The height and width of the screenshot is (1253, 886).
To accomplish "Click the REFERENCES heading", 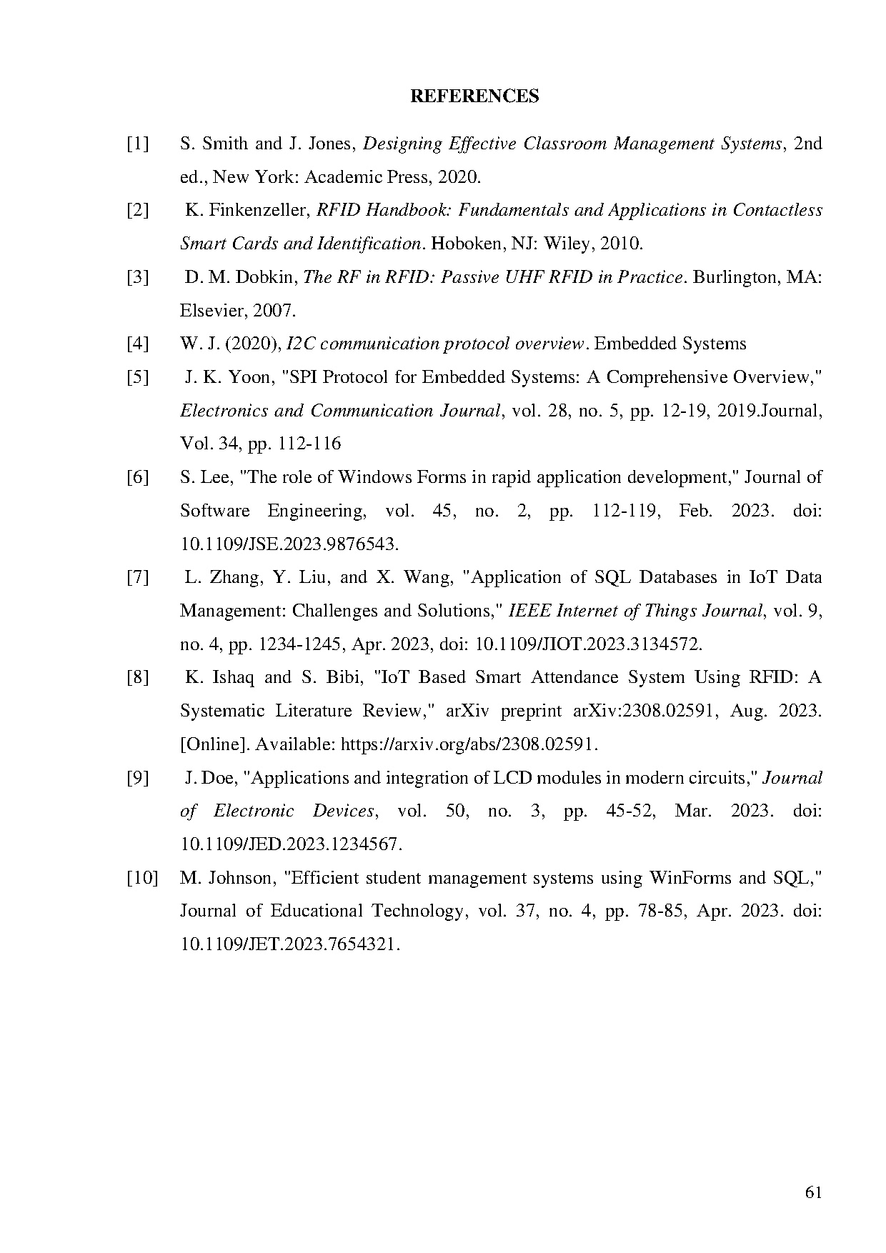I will (x=474, y=96).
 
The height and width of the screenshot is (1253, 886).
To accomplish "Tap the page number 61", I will (x=813, y=1192).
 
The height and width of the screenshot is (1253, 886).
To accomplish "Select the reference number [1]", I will (x=138, y=144).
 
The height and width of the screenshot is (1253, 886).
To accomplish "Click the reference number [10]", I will (x=141, y=878).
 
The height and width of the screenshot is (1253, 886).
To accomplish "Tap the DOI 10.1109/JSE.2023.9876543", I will (x=289, y=544).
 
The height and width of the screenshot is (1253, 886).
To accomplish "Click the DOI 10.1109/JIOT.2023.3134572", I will (x=588, y=644).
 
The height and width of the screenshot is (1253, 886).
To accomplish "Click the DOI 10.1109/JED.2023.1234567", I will (x=291, y=844).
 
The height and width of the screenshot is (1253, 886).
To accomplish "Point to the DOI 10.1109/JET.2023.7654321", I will (x=289, y=944).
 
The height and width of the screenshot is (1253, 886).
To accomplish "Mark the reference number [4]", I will (x=138, y=344).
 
